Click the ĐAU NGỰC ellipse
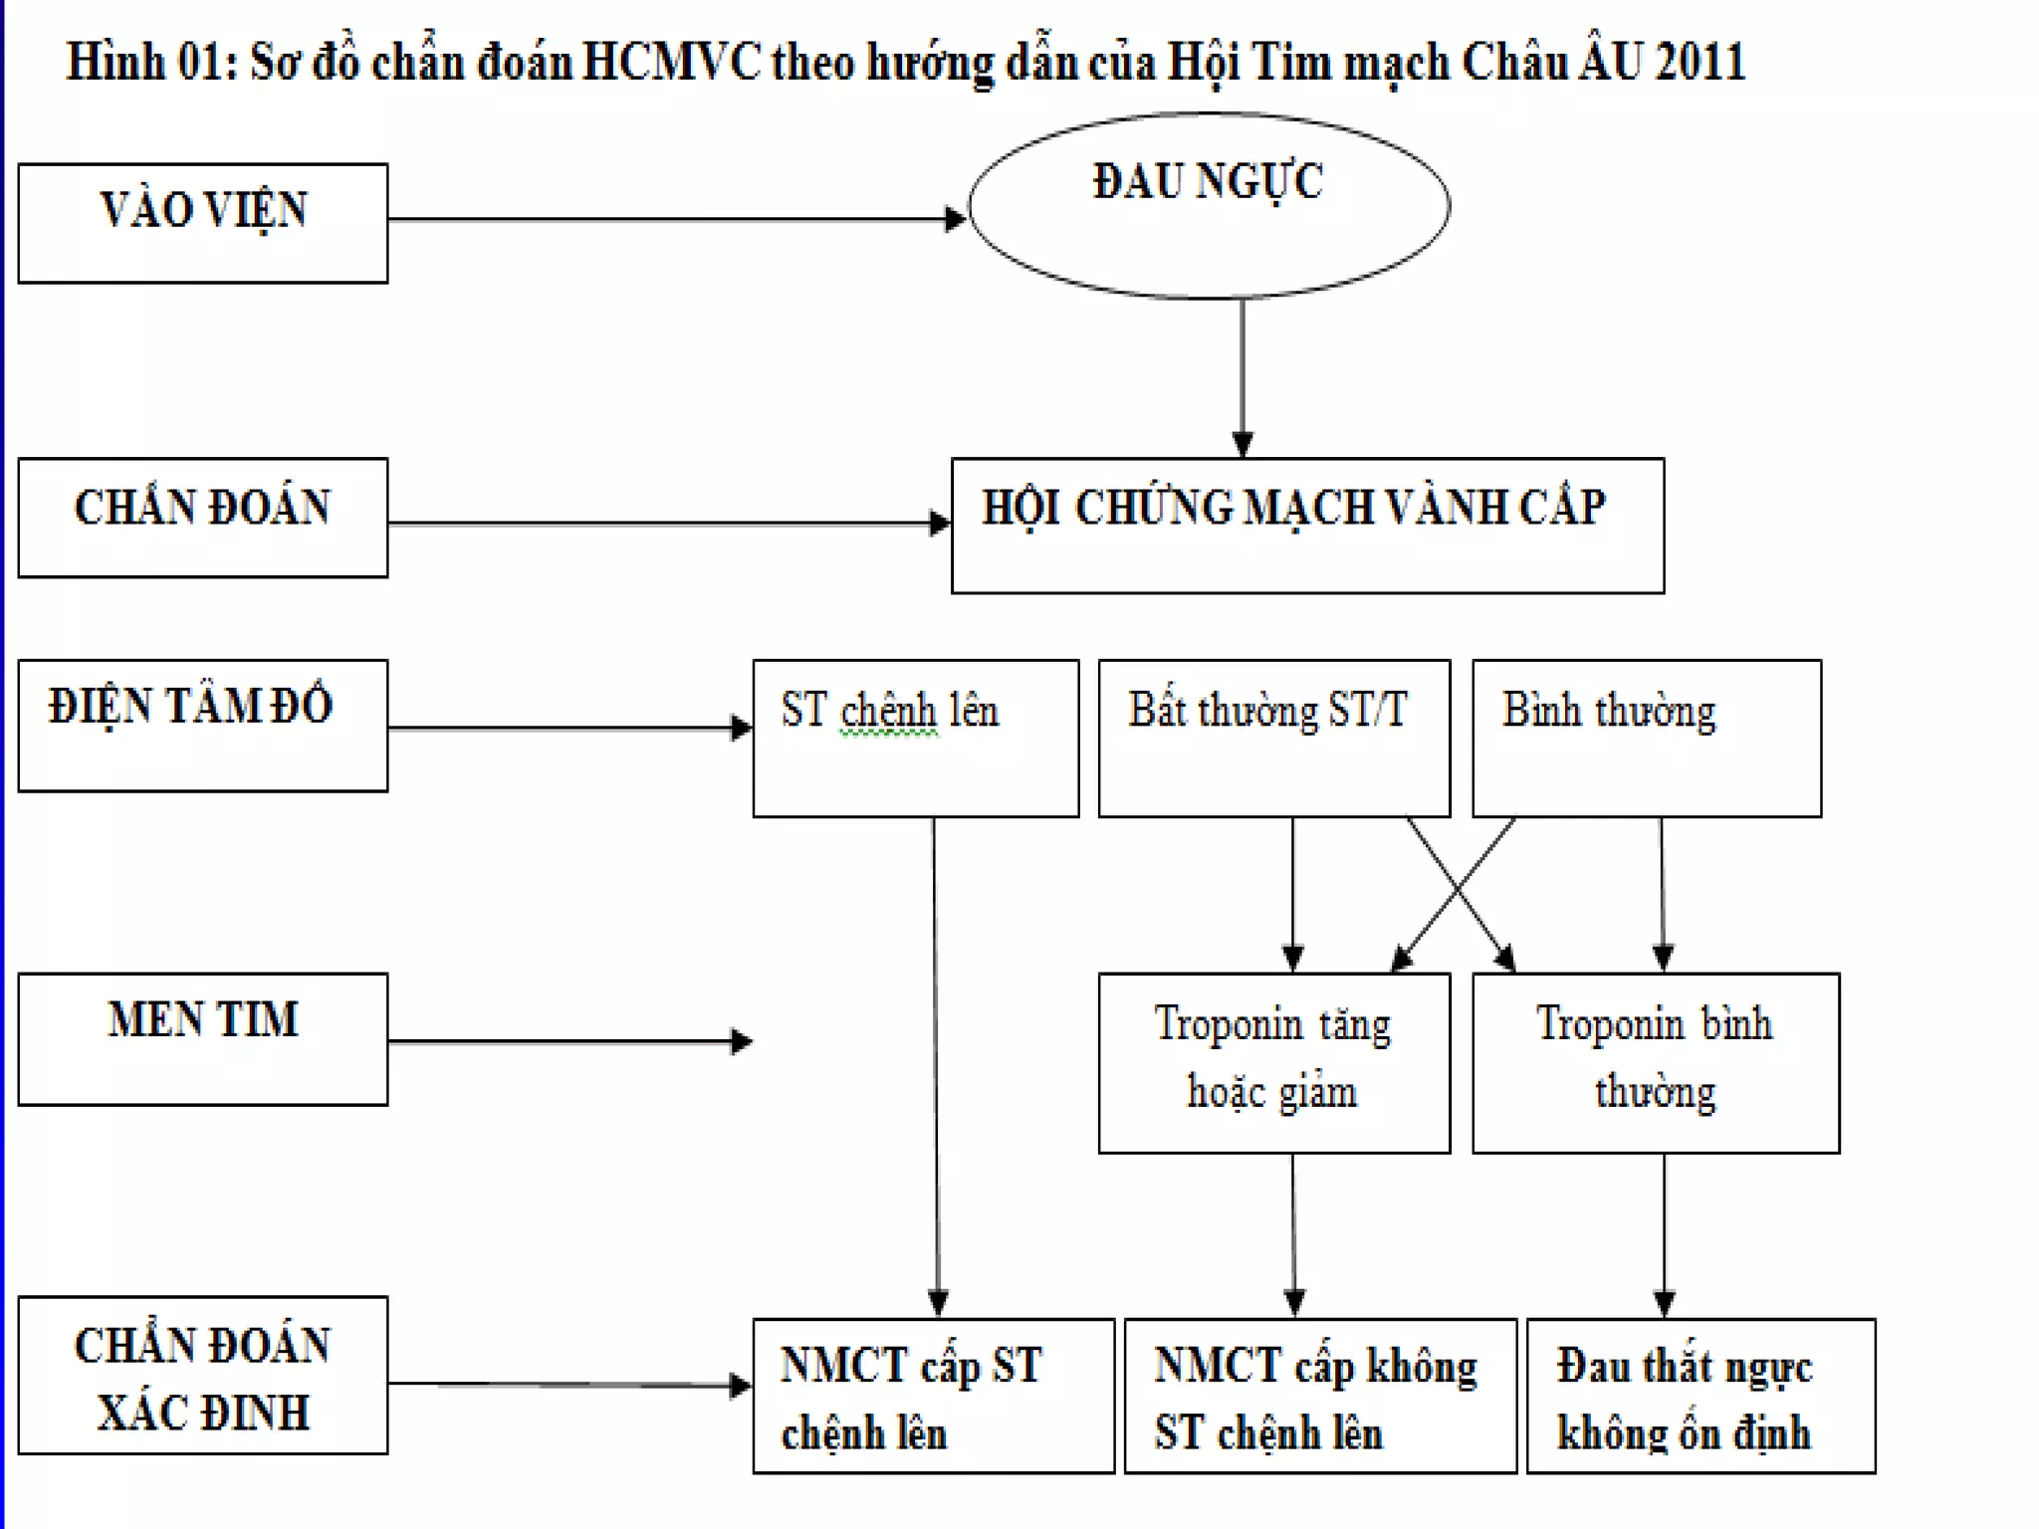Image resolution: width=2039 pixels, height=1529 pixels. [x=1209, y=205]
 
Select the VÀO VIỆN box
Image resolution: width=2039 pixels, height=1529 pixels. [x=203, y=223]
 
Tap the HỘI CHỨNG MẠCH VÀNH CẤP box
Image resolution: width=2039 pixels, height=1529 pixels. [x=1307, y=526]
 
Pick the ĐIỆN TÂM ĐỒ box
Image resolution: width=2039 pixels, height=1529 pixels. [x=203, y=725]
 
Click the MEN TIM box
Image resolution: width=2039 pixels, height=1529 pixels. [x=203, y=1039]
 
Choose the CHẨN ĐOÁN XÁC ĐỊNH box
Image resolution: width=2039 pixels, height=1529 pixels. [x=203, y=1376]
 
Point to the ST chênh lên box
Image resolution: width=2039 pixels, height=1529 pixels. [x=916, y=739]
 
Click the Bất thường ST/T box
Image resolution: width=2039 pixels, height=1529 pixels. [x=1274, y=739]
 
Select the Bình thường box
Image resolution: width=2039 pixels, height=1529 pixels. [x=1647, y=739]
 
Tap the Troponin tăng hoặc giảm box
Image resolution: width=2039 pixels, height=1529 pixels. [x=1274, y=1063]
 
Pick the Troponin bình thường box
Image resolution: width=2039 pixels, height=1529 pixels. [x=1656, y=1063]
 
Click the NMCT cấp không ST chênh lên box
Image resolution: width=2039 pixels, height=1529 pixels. [x=1320, y=1396]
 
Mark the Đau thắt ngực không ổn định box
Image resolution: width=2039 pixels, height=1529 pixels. [x=1700, y=1396]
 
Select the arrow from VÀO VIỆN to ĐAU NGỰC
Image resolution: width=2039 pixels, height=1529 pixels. [x=677, y=219]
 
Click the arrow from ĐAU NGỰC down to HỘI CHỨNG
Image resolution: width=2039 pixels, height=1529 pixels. [x=1243, y=378]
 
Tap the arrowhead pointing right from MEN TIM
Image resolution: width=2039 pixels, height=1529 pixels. [x=742, y=1041]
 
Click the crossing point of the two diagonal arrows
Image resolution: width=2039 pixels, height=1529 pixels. [x=1458, y=888]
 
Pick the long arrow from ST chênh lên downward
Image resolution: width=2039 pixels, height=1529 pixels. [x=936, y=1065]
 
